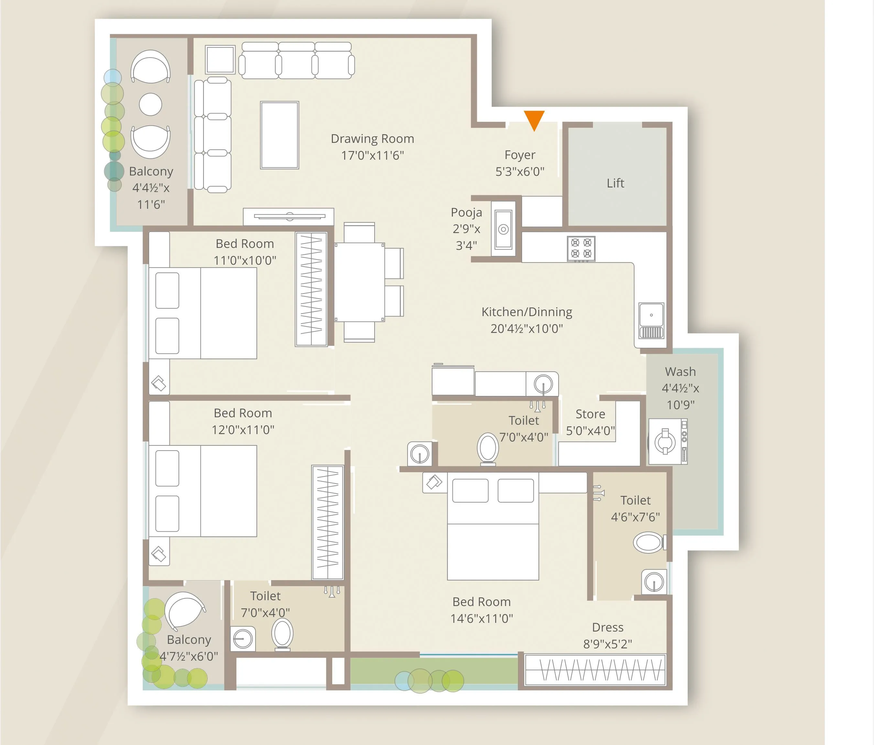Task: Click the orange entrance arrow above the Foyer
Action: (534, 119)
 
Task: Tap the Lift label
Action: (615, 183)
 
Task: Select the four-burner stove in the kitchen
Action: (581, 248)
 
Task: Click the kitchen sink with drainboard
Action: (651, 321)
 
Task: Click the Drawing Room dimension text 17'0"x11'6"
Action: (372, 155)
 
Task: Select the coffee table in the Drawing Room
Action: (279, 135)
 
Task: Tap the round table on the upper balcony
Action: (150, 104)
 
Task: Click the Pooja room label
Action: (466, 212)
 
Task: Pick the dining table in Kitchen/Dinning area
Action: (359, 282)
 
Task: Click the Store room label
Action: (590, 414)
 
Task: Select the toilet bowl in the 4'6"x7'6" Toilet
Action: (648, 542)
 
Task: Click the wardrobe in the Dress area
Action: (595, 670)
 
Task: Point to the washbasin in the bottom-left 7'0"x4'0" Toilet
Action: (243, 639)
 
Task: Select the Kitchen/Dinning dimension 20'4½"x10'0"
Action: (526, 329)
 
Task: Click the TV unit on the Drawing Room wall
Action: (289, 216)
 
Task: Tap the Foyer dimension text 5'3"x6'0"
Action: (520, 172)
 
